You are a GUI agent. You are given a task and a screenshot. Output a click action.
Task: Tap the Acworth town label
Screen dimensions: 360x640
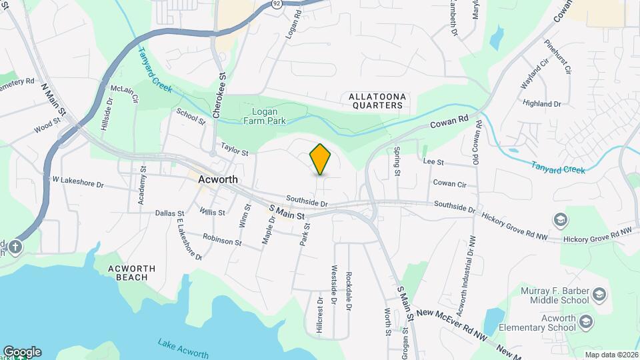coord(218,180)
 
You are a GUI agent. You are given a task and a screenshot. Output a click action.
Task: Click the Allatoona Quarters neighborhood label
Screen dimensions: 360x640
coord(377,101)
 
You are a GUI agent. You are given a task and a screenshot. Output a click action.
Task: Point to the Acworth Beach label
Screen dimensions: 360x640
coord(132,273)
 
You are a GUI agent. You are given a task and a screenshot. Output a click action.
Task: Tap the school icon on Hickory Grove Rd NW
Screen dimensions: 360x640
coord(560,220)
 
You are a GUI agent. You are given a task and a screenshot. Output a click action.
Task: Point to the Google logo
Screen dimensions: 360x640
coord(22,352)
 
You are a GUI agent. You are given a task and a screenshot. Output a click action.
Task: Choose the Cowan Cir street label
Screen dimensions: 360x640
coord(449,183)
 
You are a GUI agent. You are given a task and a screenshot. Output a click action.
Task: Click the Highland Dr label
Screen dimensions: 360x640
coord(542,104)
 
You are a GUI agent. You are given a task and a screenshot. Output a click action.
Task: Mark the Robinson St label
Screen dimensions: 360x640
coord(222,240)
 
